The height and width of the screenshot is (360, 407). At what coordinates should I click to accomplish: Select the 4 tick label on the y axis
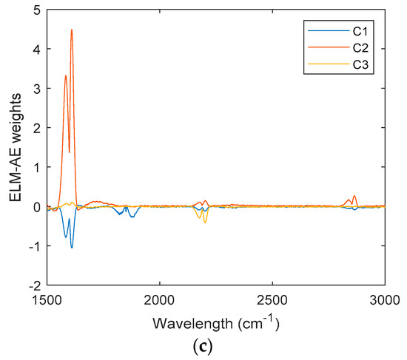tap(35, 49)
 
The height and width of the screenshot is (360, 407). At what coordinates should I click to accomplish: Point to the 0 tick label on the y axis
tap(35, 207)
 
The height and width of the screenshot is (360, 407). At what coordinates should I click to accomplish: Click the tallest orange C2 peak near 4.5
tap(72, 30)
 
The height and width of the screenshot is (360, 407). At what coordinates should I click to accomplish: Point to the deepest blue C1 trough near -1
tap(72, 247)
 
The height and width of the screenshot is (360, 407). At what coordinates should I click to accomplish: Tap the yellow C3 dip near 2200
tap(205, 223)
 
